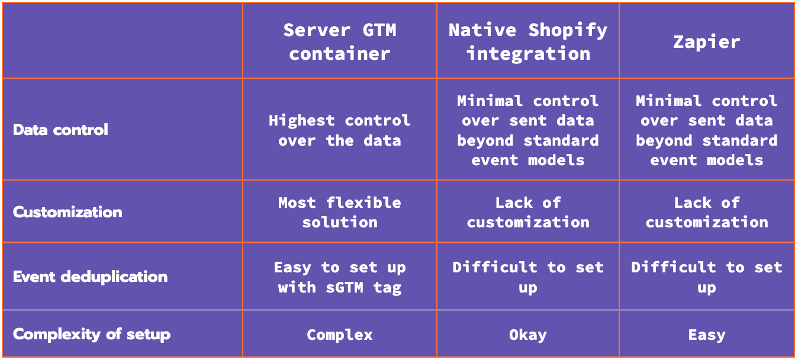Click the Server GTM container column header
point(340,41)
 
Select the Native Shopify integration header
point(528,41)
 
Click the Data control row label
point(60,130)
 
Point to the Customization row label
point(67,212)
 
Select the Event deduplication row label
point(90,277)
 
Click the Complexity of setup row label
point(92,335)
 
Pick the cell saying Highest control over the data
point(340,130)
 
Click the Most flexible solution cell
point(340,213)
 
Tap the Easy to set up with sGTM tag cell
point(340,277)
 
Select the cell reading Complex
point(340,335)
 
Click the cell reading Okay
point(528,335)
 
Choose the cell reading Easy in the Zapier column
point(707,335)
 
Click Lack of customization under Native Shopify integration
point(528,213)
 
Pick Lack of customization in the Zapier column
point(707,213)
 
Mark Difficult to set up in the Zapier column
point(707,277)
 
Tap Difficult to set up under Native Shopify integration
point(528,277)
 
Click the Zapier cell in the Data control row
point(707,130)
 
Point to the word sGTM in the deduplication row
point(345,287)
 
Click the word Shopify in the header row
point(568,31)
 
